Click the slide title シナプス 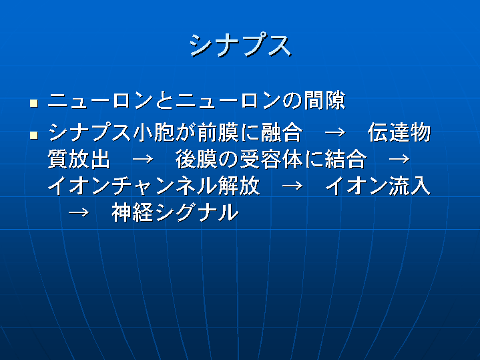click(240, 45)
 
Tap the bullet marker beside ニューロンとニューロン click(33, 103)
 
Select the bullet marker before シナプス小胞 click(33, 135)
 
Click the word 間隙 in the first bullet click(324, 100)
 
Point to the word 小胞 click(154, 133)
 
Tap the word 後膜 click(196, 160)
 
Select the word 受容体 click(271, 160)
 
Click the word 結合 click(346, 160)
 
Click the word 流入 click(410, 186)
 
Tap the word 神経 click(133, 212)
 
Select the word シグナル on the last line click(196, 212)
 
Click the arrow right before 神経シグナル click(79, 212)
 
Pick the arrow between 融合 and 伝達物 click(335, 133)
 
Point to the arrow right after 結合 click(399, 160)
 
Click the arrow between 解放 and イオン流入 click(292, 186)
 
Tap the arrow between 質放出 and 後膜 click(143, 160)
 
